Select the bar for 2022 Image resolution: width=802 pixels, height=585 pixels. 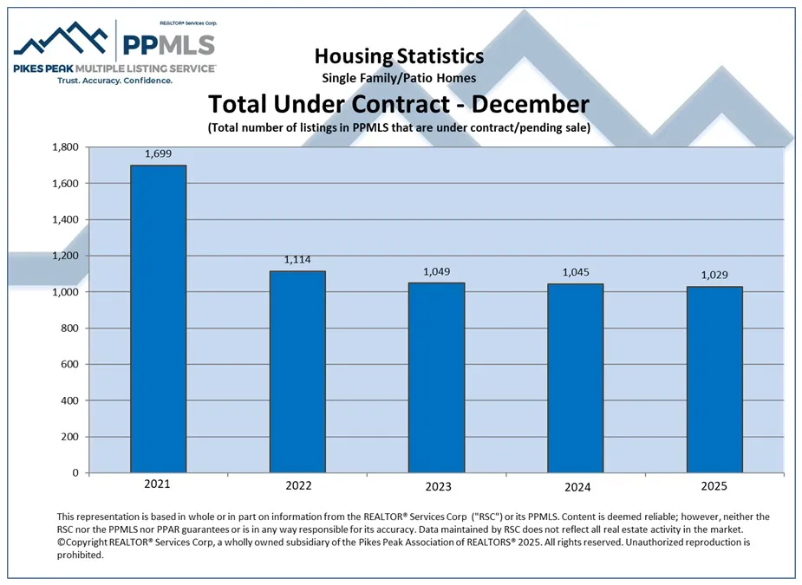(297, 372)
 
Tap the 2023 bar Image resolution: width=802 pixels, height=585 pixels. (437, 378)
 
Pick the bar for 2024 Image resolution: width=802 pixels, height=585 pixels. (575, 378)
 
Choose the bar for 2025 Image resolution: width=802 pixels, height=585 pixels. (714, 380)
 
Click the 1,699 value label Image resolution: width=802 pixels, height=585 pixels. (158, 153)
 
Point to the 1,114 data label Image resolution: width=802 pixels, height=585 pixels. (297, 259)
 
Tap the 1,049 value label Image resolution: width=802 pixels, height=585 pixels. (437, 271)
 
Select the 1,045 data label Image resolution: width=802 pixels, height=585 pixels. (575, 272)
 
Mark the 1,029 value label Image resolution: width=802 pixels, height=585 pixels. (714, 275)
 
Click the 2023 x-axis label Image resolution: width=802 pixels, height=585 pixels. (437, 485)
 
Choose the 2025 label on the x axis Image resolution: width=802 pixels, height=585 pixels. (714, 485)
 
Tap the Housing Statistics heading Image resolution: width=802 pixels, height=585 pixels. (399, 56)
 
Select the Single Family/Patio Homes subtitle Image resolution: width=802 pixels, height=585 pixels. (399, 78)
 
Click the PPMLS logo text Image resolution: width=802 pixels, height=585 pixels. (168, 43)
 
